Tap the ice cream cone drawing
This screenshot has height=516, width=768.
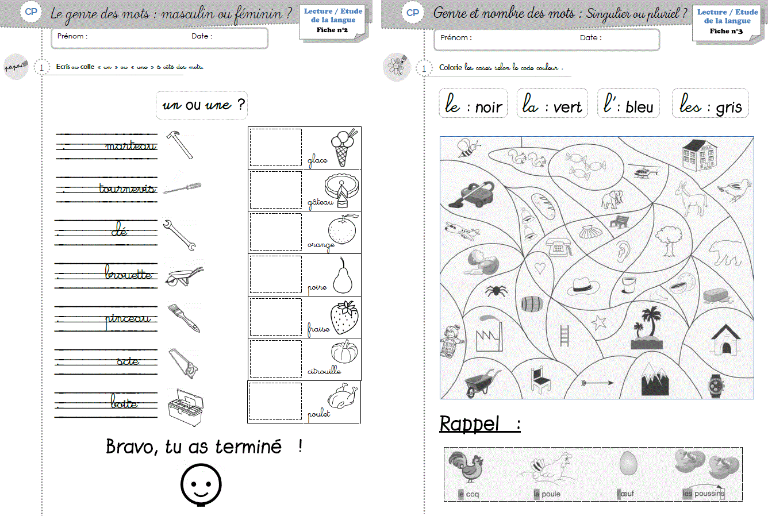coord(343,147)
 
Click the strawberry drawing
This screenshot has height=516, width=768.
coord(344,318)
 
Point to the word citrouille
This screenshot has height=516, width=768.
coord(324,371)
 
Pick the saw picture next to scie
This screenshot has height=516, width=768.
coord(183,363)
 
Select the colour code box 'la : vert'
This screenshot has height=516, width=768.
coord(552,104)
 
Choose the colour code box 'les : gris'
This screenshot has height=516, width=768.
coord(710,104)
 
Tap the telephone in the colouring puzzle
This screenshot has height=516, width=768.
coord(556,248)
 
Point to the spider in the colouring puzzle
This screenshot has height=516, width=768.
coord(496,290)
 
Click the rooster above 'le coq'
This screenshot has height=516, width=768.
coord(466,466)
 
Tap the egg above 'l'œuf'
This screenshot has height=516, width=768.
coord(628,463)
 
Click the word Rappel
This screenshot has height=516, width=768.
coord(470,424)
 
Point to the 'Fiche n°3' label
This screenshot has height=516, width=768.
coord(726,31)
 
